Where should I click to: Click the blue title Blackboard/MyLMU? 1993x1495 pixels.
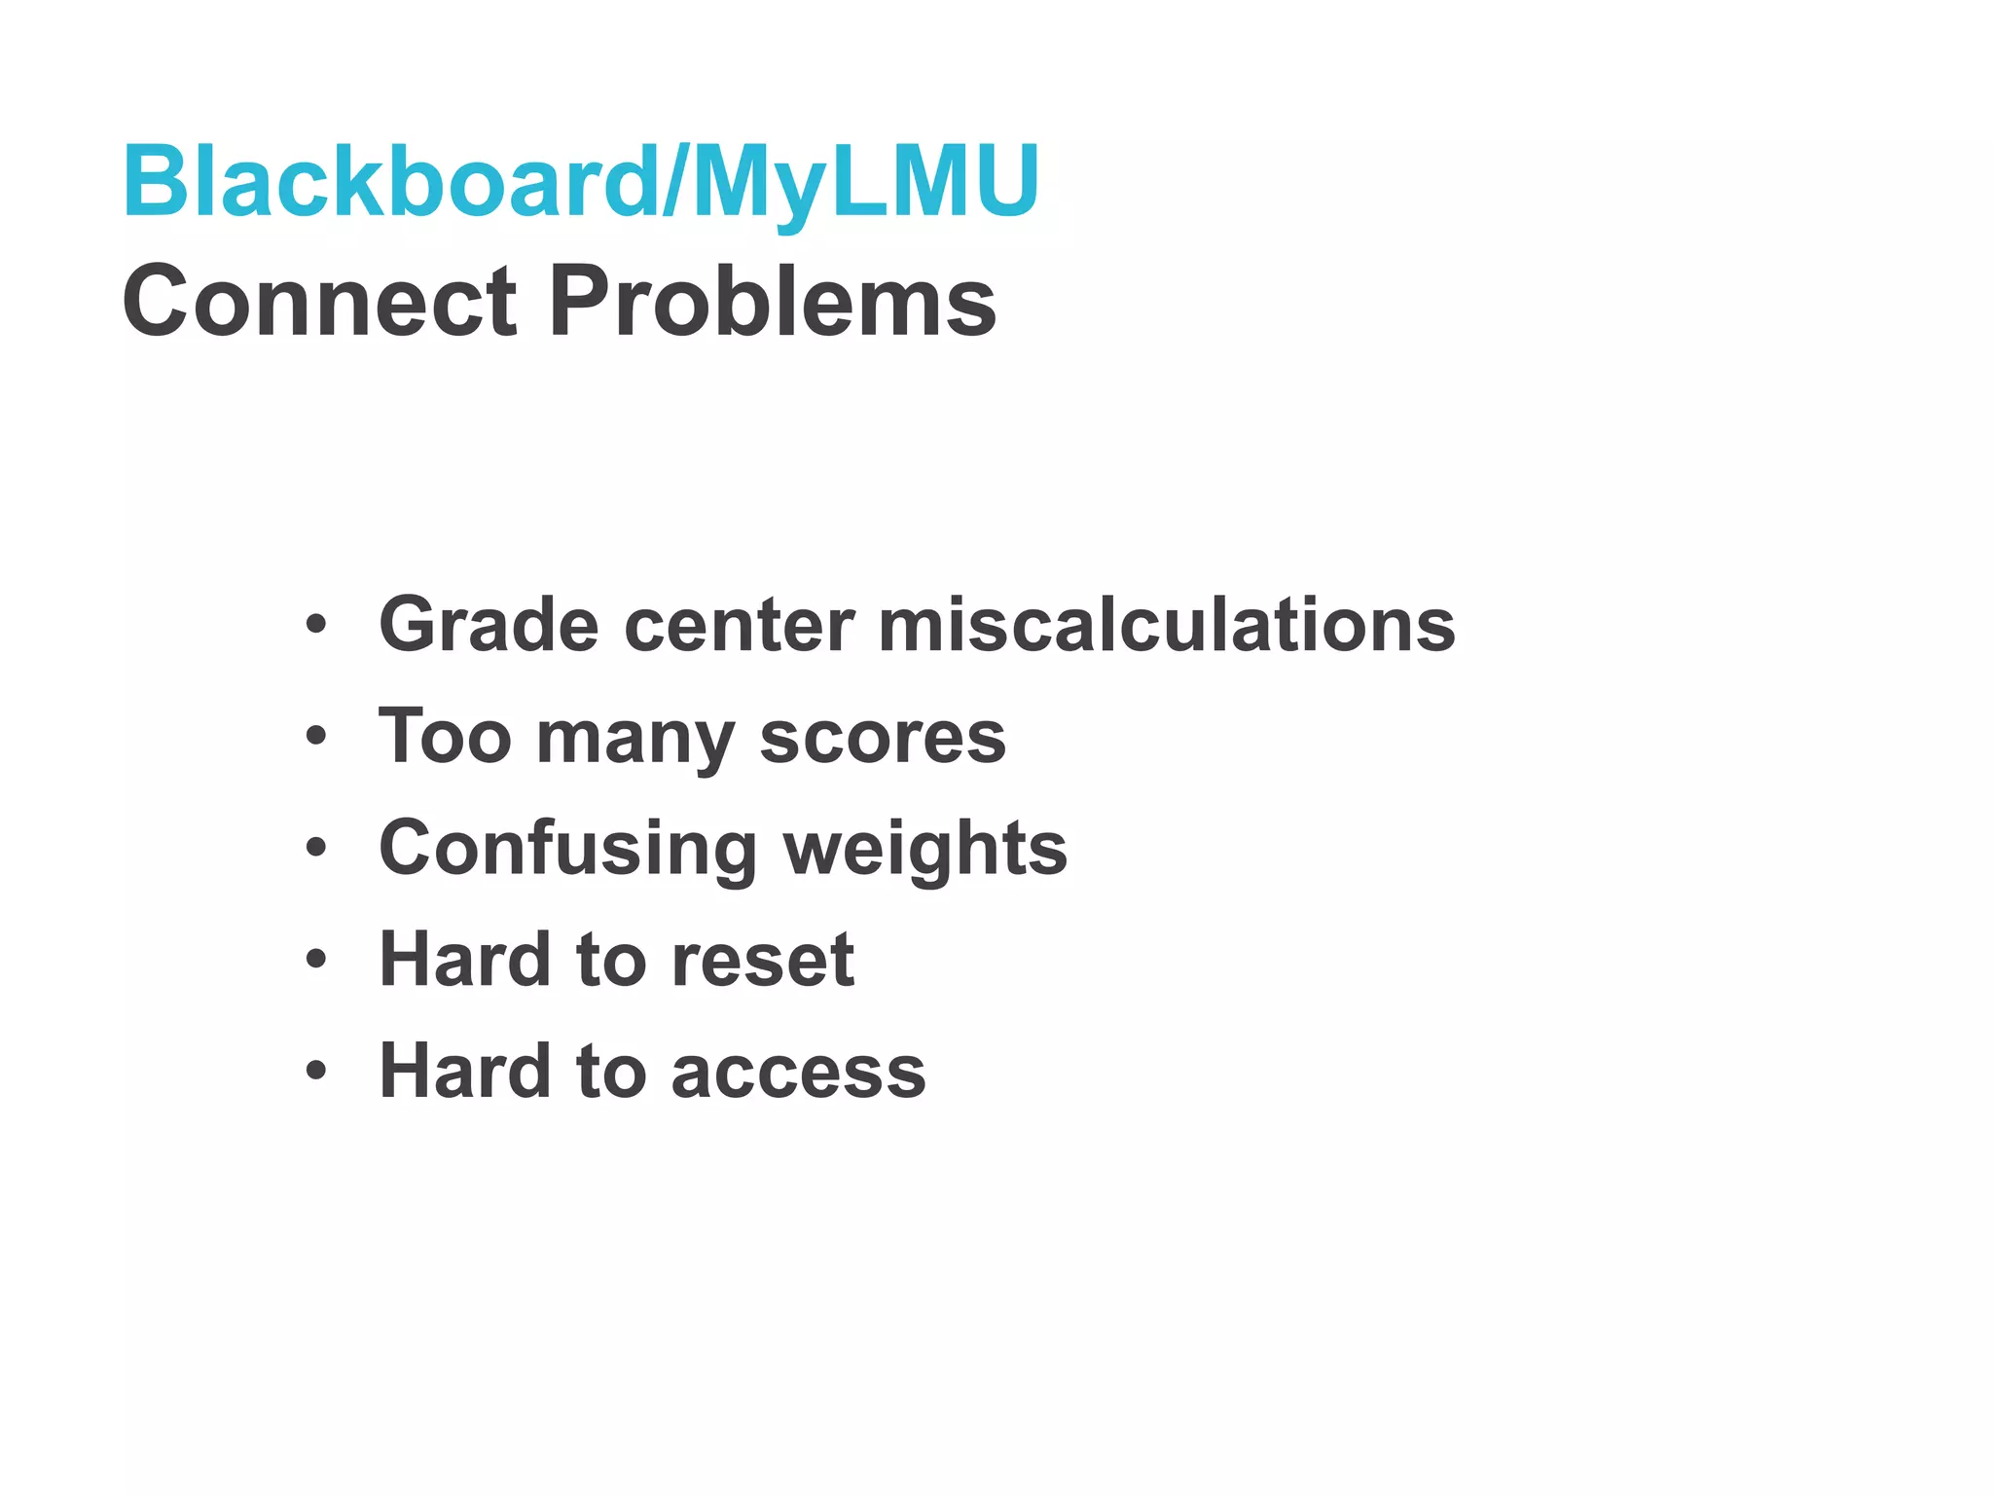pos(581,182)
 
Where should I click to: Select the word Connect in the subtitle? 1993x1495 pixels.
pos(319,302)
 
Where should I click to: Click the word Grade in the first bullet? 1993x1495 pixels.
pos(489,625)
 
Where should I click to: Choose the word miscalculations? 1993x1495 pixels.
pos(1167,625)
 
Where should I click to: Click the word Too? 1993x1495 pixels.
pos(445,737)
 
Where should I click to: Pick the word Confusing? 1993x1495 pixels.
pos(568,849)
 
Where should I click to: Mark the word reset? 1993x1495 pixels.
pos(763,961)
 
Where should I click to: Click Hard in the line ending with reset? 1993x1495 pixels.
pos(465,960)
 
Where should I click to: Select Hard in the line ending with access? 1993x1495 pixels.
pos(465,1071)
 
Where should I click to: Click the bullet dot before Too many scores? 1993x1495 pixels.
pos(315,737)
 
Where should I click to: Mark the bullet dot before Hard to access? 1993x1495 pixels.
pos(315,1072)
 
